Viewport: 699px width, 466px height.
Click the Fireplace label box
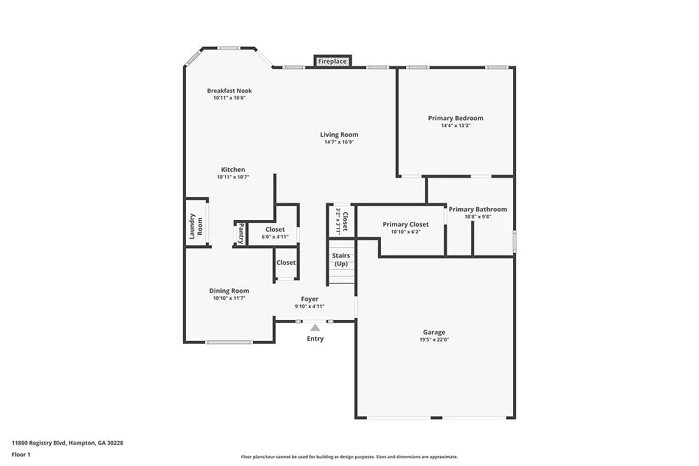pyautogui.click(x=332, y=61)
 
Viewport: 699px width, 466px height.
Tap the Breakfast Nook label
pyautogui.click(x=229, y=91)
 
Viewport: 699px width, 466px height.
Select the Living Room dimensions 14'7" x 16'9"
pyautogui.click(x=339, y=143)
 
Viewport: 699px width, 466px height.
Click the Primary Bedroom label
pyautogui.click(x=456, y=118)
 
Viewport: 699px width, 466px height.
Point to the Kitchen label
pyautogui.click(x=233, y=170)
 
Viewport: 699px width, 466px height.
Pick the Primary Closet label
pyautogui.click(x=405, y=224)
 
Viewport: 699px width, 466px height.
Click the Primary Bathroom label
pyautogui.click(x=477, y=209)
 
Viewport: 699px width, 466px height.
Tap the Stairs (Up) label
pyautogui.click(x=341, y=260)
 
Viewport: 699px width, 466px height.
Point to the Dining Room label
pyautogui.click(x=229, y=291)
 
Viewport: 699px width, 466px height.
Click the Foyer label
pyautogui.click(x=310, y=299)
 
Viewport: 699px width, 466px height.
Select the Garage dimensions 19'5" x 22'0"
pyautogui.click(x=433, y=340)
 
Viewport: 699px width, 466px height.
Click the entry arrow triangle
pyautogui.click(x=315, y=327)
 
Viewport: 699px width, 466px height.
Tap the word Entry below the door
pyautogui.click(x=315, y=339)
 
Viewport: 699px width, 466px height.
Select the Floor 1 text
pyautogui.click(x=21, y=454)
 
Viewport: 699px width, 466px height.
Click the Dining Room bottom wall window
pyautogui.click(x=229, y=342)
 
